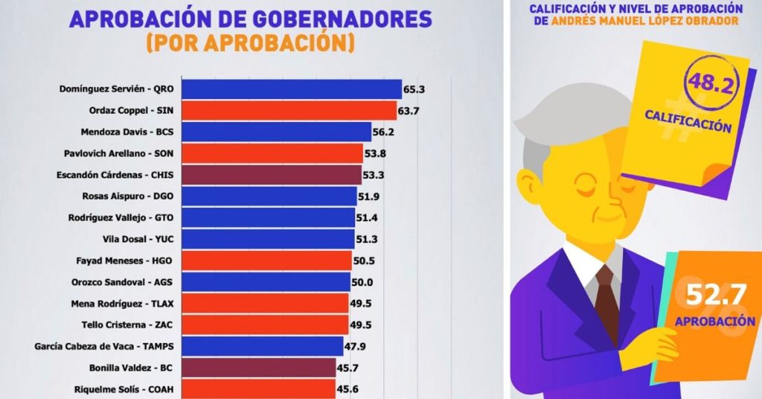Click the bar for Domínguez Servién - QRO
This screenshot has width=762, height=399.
click(x=292, y=89)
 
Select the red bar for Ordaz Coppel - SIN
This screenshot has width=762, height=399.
click(x=289, y=110)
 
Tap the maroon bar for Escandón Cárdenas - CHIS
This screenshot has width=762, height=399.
click(x=272, y=175)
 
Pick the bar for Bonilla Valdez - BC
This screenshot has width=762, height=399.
click(x=259, y=368)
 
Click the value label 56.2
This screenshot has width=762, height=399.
click(x=385, y=132)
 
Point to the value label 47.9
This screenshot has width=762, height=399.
click(x=355, y=346)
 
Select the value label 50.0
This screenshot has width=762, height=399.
click(x=363, y=282)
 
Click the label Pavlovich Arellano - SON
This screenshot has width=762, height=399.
click(x=124, y=153)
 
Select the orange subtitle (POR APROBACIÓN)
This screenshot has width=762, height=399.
click(x=250, y=43)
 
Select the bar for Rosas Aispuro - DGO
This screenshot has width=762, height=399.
click(x=269, y=197)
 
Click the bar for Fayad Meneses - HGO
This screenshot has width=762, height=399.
click(x=267, y=261)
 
